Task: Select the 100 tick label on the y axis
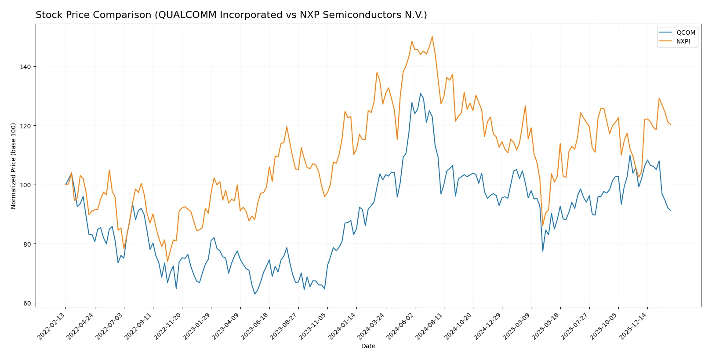pos(25,185)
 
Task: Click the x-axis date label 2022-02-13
pos(52,326)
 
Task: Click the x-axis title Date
pos(368,346)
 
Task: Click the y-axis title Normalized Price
pos(14,166)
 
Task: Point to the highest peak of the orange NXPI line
pos(432,36)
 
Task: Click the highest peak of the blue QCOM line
pos(420,93)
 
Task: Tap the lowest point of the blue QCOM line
pos(254,294)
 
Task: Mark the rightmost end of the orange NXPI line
pos(671,125)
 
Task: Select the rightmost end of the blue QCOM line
pos(671,211)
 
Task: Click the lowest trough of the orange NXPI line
pos(167,262)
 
